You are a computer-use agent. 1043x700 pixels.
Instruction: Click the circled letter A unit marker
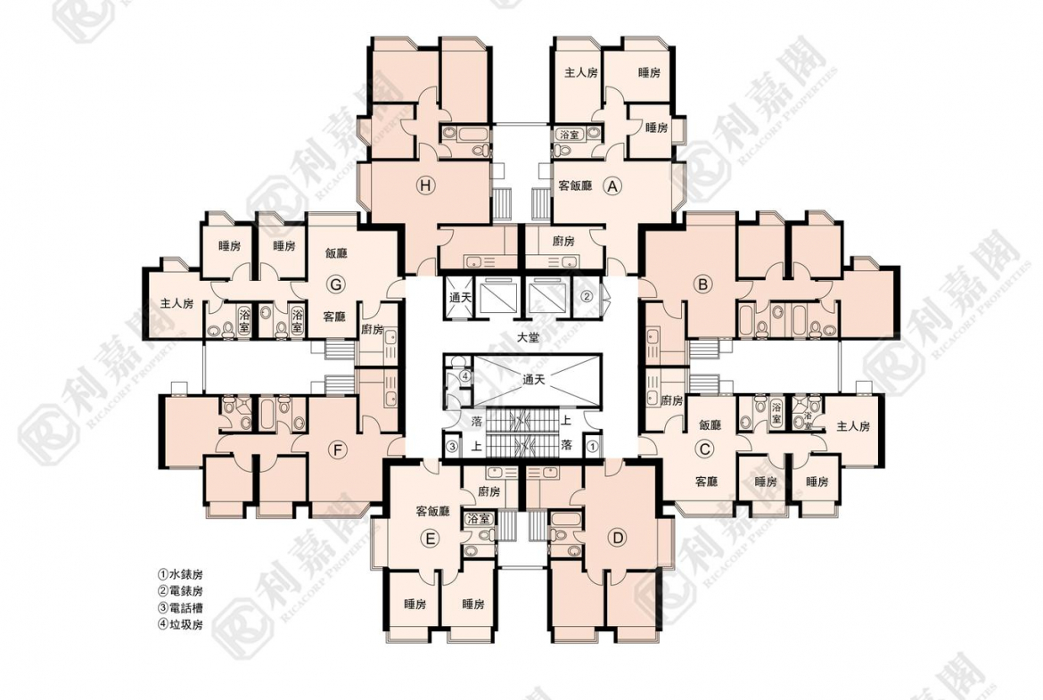tap(612, 186)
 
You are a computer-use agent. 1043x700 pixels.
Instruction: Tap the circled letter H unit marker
tap(426, 185)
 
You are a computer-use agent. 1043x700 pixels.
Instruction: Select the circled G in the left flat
tap(335, 284)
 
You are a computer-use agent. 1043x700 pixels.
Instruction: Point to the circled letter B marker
tap(703, 284)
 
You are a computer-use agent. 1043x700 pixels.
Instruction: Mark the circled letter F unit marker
tap(337, 449)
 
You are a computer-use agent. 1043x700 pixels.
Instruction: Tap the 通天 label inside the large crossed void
tap(535, 378)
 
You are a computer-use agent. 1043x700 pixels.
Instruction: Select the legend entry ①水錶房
tap(180, 574)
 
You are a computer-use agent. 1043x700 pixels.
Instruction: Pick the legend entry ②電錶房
tap(180, 591)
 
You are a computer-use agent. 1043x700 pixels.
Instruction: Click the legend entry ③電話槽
tap(180, 608)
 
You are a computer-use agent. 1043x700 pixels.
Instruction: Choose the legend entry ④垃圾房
tap(180, 625)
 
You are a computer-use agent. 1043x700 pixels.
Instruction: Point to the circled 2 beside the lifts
tap(587, 296)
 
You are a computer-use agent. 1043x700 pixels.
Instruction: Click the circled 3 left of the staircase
tap(452, 445)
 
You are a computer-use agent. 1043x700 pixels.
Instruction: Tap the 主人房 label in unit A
tap(580, 73)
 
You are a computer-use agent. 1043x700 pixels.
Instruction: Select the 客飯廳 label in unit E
tap(433, 512)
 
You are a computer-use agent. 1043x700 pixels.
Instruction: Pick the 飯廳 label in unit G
tap(335, 253)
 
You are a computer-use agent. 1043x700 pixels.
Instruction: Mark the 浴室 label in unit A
tap(568, 134)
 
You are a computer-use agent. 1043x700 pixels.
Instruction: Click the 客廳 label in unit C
tap(706, 482)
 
